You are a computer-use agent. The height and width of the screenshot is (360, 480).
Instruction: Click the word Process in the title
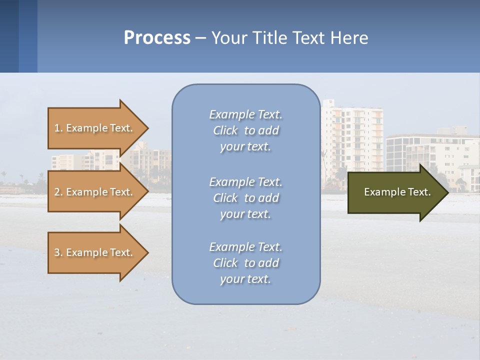pyautogui.click(x=157, y=38)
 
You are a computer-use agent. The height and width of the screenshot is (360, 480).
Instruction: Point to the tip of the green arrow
pyautogui.click(x=447, y=192)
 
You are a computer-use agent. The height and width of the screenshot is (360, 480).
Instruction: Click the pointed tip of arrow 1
pyautogui.click(x=147, y=128)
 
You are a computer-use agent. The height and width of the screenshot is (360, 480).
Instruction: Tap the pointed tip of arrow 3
pyautogui.click(x=147, y=252)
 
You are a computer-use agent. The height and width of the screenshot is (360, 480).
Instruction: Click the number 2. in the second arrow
pyautogui.click(x=58, y=192)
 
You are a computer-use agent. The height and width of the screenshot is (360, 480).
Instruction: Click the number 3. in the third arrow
pyautogui.click(x=58, y=252)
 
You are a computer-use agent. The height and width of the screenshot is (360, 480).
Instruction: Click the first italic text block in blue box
pyautogui.click(x=245, y=130)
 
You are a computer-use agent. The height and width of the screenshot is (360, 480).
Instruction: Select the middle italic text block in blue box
pyautogui.click(x=245, y=197)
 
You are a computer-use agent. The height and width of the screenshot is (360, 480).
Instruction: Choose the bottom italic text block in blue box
pyautogui.click(x=245, y=262)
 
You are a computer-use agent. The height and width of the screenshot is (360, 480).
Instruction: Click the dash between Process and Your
pyautogui.click(x=200, y=38)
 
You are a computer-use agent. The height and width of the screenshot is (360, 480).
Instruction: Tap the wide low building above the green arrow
pyautogui.click(x=430, y=150)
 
